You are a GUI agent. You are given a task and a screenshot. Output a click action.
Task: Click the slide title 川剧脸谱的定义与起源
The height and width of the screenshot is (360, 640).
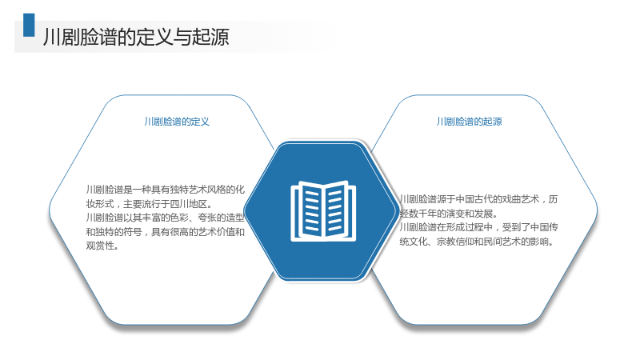(x=136, y=37)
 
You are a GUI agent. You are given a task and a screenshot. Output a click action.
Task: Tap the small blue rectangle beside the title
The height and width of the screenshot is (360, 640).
(x=29, y=25)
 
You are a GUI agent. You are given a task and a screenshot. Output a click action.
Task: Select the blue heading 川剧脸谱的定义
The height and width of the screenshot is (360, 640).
(x=177, y=122)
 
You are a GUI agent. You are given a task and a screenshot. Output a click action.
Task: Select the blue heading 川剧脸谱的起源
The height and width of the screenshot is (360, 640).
(x=469, y=122)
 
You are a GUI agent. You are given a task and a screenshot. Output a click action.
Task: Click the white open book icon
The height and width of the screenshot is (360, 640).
(x=323, y=211)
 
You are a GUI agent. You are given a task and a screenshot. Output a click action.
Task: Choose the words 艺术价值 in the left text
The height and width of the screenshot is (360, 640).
(x=216, y=232)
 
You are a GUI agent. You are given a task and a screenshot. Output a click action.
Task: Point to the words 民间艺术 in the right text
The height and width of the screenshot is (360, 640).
(x=502, y=242)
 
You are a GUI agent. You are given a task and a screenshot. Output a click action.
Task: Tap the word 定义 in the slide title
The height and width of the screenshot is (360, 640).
(x=154, y=37)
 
